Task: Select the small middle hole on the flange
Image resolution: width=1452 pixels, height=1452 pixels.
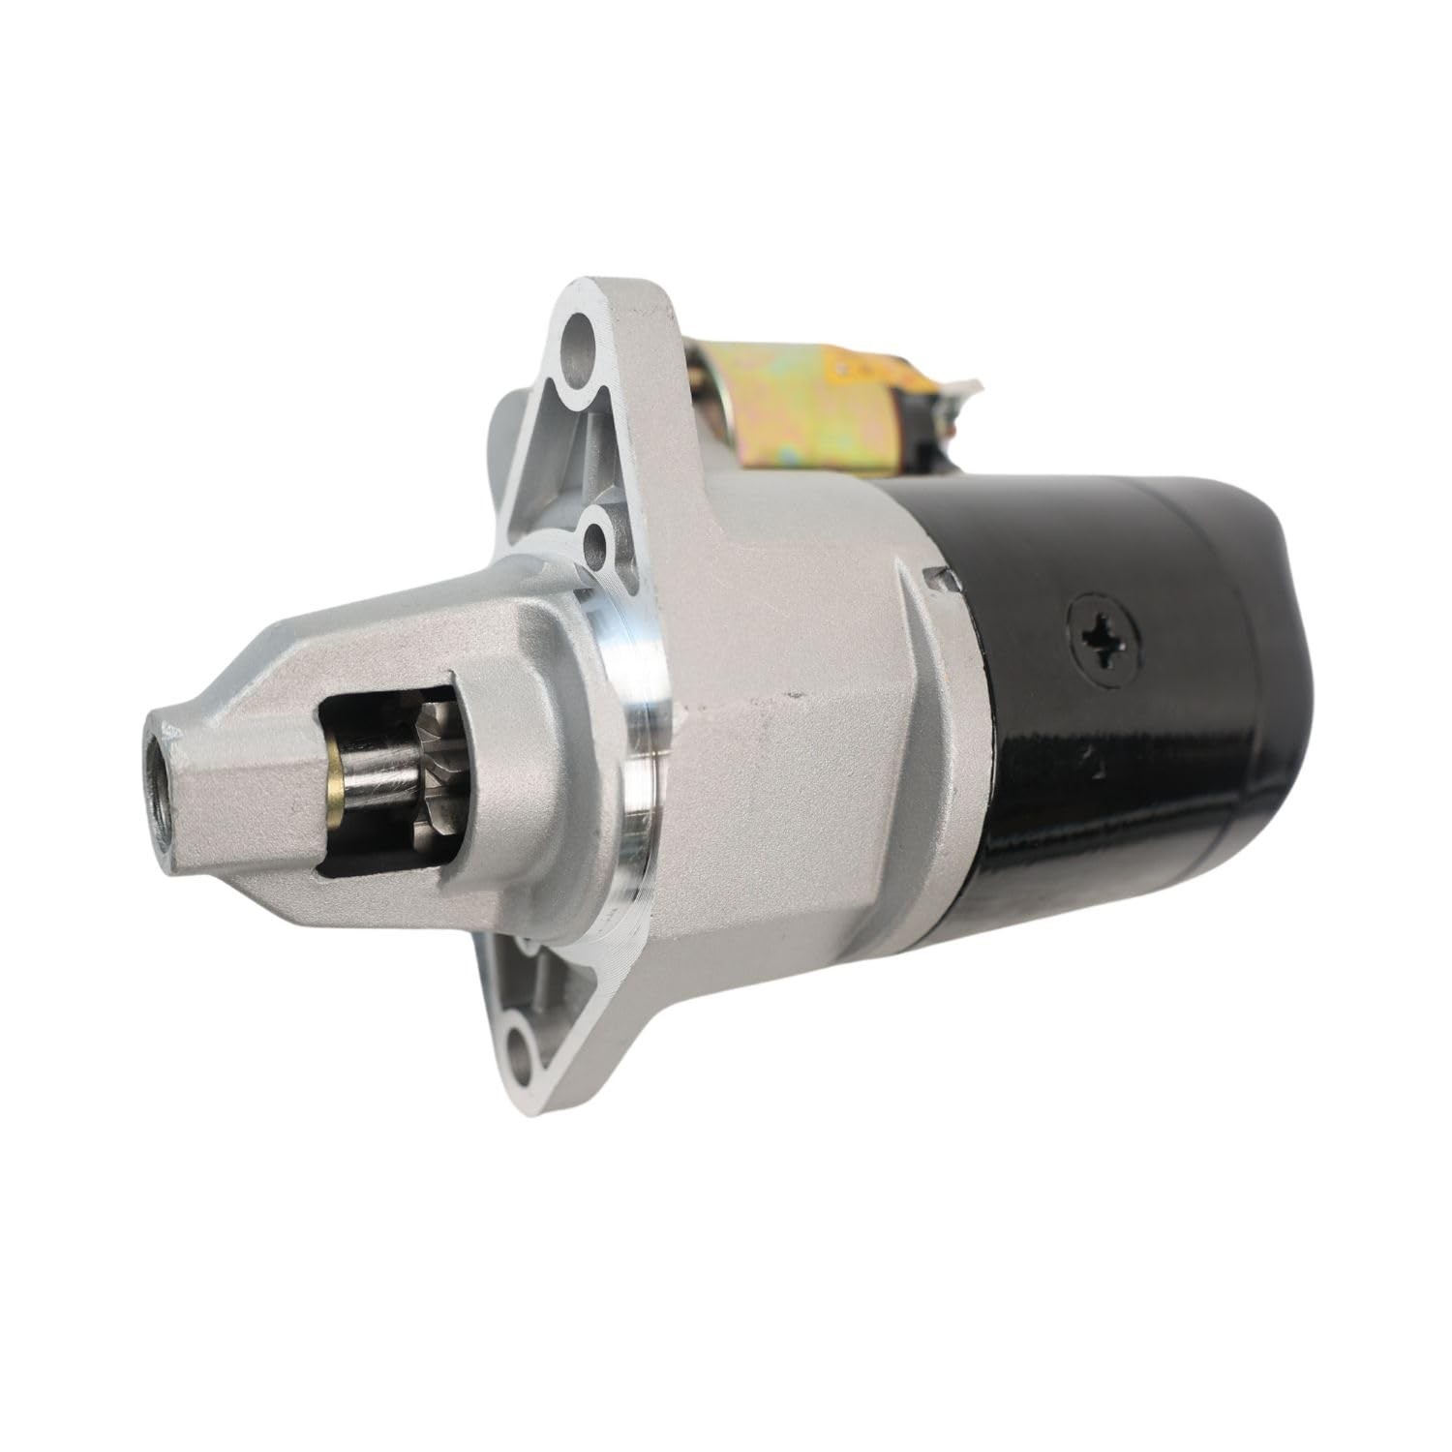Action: (594, 535)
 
